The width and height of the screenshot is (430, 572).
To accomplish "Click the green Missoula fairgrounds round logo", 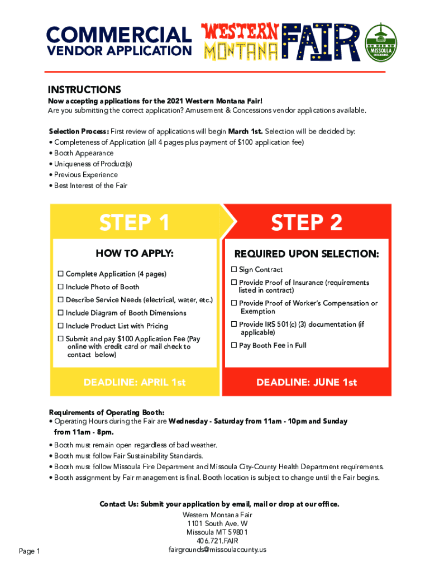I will pyautogui.click(x=381, y=43).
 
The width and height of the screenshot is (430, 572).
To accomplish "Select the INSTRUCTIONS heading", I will pyautogui.click(x=84, y=90).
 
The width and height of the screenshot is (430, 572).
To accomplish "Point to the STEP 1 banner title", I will pyautogui.click(x=135, y=223).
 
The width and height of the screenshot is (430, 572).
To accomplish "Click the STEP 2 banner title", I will pyautogui.click(x=307, y=223).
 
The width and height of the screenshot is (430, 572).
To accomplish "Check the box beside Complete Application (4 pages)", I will pyautogui.click(x=60, y=274).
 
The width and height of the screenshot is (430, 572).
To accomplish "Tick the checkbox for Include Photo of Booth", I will pyautogui.click(x=60, y=287).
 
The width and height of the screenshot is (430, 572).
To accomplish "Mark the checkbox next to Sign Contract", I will pyautogui.click(x=235, y=270).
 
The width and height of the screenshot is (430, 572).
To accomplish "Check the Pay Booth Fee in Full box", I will pyautogui.click(x=235, y=345).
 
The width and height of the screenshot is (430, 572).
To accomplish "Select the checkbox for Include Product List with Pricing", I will pyautogui.click(x=60, y=326).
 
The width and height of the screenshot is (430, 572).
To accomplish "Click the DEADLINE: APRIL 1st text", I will pyautogui.click(x=135, y=383).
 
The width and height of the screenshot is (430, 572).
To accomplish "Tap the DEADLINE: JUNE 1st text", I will pyautogui.click(x=307, y=383).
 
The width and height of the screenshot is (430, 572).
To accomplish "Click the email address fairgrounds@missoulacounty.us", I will pyautogui.click(x=217, y=550).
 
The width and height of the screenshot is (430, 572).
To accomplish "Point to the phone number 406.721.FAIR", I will pyautogui.click(x=217, y=541).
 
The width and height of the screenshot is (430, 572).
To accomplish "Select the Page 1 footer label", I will pyautogui.click(x=30, y=552).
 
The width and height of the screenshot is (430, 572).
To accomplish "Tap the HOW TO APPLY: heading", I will pyautogui.click(x=135, y=254).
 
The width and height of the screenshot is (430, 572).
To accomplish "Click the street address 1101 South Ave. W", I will pyautogui.click(x=217, y=523).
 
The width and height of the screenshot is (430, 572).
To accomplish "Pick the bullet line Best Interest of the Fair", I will pyautogui.click(x=90, y=185).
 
